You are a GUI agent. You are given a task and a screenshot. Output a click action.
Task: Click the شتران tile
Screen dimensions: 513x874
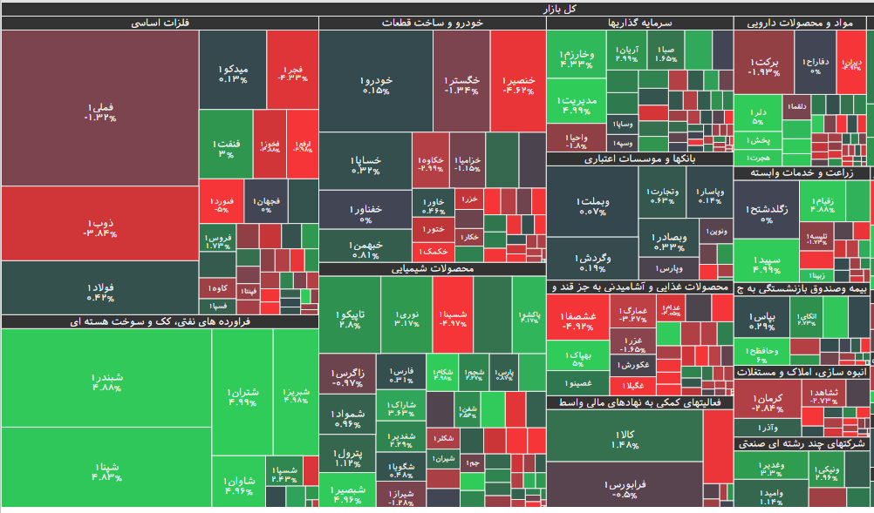pyautogui.click(x=242, y=396)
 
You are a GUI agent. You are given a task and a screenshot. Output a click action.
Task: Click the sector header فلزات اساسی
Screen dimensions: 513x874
pyautogui.click(x=160, y=24)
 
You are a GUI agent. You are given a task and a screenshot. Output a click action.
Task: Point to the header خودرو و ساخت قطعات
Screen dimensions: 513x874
pyautogui.click(x=432, y=24)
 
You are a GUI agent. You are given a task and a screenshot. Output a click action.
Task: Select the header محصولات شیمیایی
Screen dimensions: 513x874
pyautogui.click(x=432, y=269)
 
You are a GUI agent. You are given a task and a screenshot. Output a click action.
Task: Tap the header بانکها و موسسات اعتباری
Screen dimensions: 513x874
pyautogui.click(x=639, y=159)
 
